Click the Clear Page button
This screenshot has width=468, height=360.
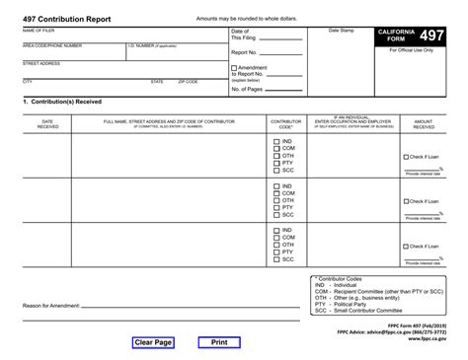click(x=153, y=342)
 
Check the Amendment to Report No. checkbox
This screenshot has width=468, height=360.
click(x=234, y=68)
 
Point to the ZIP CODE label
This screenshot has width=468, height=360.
click(x=188, y=81)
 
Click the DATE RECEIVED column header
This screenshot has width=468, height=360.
click(x=47, y=123)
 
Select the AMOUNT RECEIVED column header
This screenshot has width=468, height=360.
click(x=424, y=123)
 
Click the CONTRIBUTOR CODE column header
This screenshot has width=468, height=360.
click(x=285, y=123)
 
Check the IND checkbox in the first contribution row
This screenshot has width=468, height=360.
click(x=275, y=141)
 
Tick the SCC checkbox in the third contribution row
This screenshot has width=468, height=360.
click(x=275, y=259)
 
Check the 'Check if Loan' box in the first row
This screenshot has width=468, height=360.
click(x=406, y=157)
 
